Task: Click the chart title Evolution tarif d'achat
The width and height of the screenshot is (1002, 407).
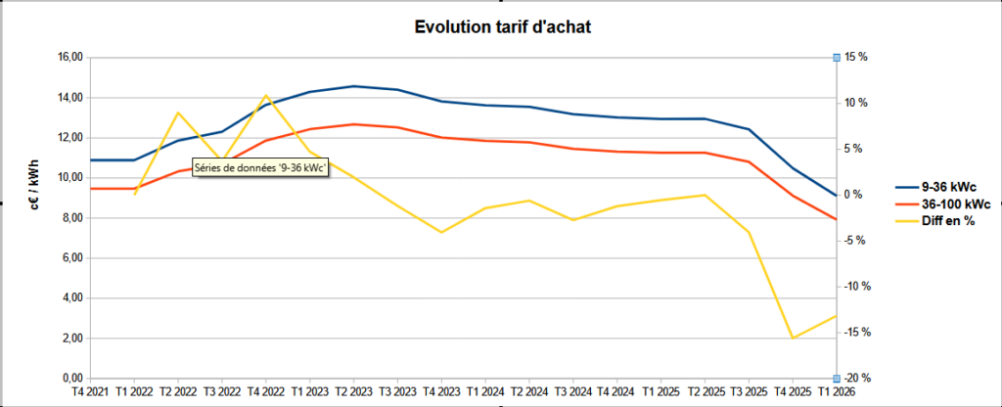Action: pos(500,26)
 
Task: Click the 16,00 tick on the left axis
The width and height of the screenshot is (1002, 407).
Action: pos(68,58)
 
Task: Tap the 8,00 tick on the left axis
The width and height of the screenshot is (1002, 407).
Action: pos(70,218)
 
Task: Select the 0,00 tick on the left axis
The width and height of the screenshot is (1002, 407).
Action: pos(70,379)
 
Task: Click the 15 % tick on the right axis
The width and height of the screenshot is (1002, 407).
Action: pos(856,58)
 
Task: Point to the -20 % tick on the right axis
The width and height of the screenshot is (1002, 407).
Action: pos(856,379)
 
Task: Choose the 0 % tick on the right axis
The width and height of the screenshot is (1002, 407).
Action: pos(853,195)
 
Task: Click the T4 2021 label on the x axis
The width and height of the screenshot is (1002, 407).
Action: pos(90,392)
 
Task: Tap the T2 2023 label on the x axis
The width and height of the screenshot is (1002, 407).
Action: pos(354,392)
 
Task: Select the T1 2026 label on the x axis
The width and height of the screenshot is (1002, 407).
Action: pos(837,392)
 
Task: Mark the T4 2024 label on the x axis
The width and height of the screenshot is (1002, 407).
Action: pos(617,392)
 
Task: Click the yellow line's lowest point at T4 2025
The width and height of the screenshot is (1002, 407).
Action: pos(793,339)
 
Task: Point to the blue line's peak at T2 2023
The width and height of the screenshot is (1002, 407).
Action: pos(354,86)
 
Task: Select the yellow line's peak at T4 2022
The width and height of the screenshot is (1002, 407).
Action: pos(266,95)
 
